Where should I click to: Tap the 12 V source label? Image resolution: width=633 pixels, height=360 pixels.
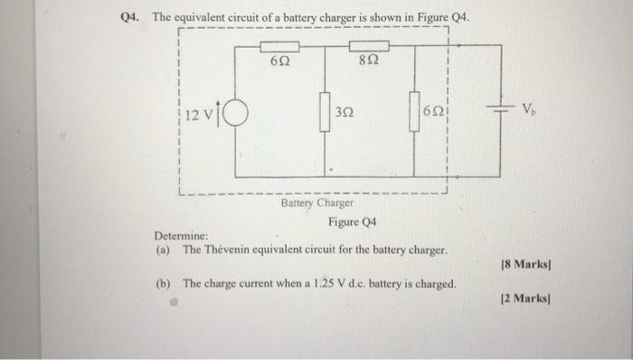pos(197,116)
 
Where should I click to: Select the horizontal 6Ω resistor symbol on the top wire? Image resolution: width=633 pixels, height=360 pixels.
pos(280,45)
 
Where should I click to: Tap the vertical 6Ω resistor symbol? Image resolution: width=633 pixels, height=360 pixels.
pos(414,112)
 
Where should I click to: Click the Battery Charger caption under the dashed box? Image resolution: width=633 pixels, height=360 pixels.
pos(316,204)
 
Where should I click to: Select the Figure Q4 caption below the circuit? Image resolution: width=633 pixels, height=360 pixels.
pos(353,223)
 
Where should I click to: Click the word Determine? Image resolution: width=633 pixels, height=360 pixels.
pos(183,237)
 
